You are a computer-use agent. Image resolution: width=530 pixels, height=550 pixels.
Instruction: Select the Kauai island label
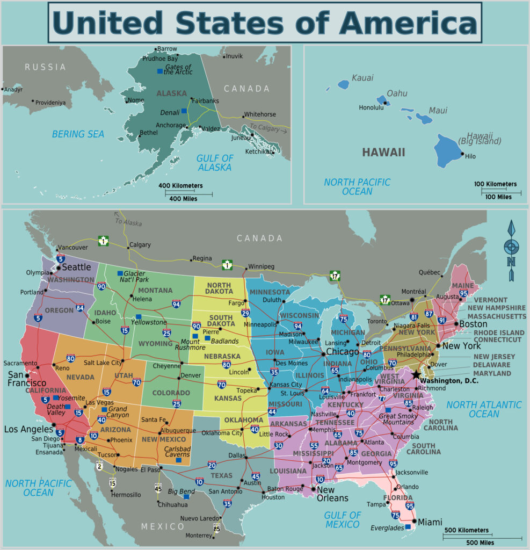click(x=362, y=78)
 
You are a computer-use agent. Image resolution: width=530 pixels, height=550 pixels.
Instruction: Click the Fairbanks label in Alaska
click(x=205, y=100)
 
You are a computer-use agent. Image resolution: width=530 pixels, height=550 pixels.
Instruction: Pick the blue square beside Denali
click(x=184, y=111)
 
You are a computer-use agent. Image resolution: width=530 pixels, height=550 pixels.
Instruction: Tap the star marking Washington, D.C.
click(x=417, y=374)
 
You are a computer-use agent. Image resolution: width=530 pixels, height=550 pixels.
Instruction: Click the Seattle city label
click(x=77, y=267)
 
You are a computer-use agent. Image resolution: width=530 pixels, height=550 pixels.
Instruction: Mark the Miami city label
click(x=430, y=522)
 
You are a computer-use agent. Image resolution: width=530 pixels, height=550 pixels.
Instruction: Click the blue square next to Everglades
click(x=408, y=527)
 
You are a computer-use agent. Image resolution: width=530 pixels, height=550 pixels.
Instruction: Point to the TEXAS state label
click(x=221, y=475)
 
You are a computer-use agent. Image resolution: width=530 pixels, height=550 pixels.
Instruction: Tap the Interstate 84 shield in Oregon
click(x=80, y=308)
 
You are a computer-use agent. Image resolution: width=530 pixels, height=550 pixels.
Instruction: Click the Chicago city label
click(x=343, y=352)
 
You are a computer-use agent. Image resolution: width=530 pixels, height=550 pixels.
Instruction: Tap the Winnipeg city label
click(x=260, y=266)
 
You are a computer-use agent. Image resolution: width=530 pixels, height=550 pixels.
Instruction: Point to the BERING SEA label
click(x=78, y=134)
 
